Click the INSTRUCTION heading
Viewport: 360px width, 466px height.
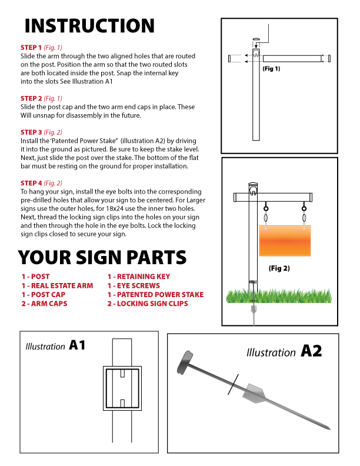[x=89, y=26]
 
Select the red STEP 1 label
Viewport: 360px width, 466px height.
[x=31, y=47]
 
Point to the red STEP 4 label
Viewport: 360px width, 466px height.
[x=31, y=183]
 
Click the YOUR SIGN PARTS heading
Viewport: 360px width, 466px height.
[x=102, y=257]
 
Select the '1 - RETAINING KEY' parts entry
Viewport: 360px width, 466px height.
[x=138, y=276]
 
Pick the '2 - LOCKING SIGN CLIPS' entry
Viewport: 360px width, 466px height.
[x=147, y=304]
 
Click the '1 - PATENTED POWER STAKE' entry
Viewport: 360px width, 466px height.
[x=155, y=294]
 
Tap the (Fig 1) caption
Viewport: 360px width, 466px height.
[x=271, y=69]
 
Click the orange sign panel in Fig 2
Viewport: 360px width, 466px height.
[x=285, y=240]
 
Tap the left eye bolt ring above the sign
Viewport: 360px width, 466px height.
[x=266, y=208]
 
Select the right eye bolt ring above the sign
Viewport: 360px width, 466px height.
[x=304, y=208]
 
